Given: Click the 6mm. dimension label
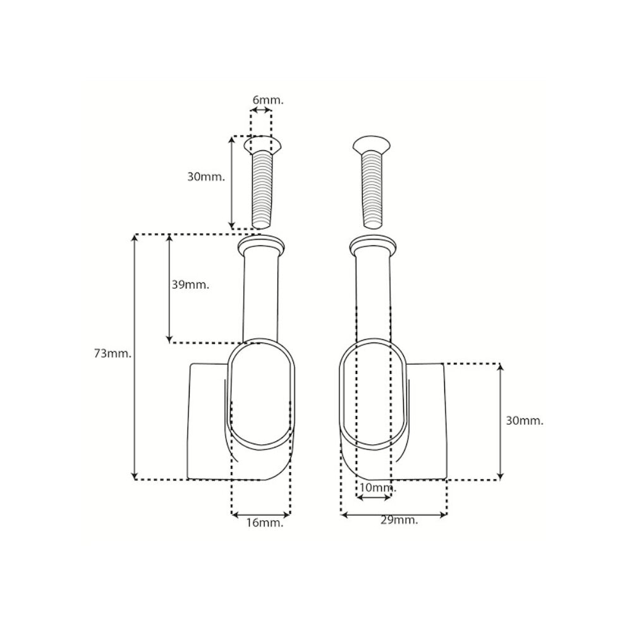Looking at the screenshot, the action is [x=268, y=100].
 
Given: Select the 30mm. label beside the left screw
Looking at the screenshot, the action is [x=205, y=177].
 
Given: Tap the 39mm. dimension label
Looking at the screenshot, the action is [x=190, y=284].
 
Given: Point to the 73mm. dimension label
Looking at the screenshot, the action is [x=112, y=353].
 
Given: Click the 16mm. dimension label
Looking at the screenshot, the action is [x=265, y=523].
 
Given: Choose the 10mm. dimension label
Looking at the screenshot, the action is [x=378, y=488].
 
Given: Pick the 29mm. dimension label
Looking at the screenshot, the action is [x=399, y=520].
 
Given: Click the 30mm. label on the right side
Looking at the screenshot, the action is [x=525, y=421].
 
